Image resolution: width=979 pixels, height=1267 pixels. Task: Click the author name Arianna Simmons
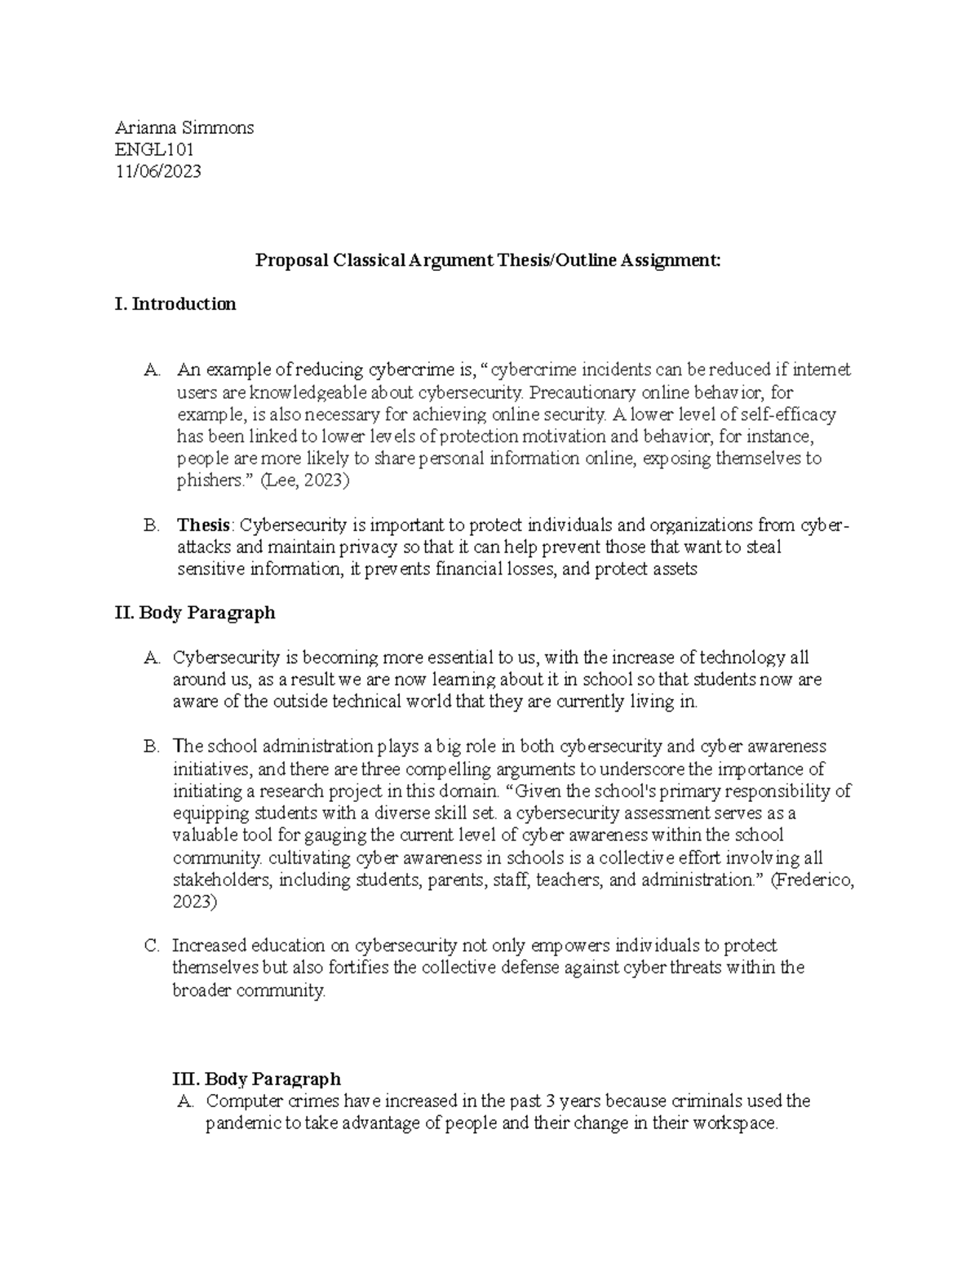coord(184,127)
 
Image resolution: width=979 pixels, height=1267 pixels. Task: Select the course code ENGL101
coord(154,149)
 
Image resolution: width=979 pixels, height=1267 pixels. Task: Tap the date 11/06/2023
coord(157,171)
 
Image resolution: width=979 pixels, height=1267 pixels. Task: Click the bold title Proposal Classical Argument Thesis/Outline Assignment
coord(488,260)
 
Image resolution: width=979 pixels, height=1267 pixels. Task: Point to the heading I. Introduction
coord(175,304)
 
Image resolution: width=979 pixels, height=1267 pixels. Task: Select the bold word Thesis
coord(203,525)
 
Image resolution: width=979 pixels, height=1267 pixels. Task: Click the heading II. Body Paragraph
coord(195,613)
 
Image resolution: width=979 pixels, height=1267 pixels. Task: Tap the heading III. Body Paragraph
coord(253,1079)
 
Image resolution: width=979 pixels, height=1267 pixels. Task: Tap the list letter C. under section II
coord(151,946)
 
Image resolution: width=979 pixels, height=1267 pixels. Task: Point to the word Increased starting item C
coord(208,946)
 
